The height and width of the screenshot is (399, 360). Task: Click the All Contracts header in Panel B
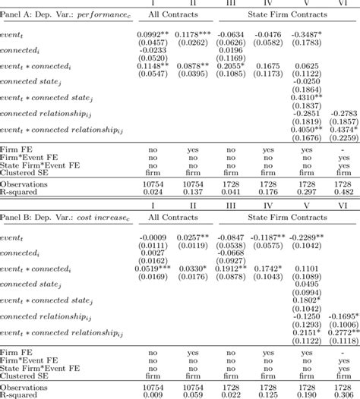coord(175,218)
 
